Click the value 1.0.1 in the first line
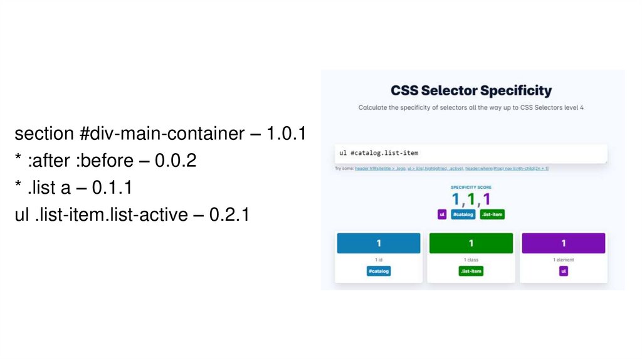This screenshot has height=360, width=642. (285, 134)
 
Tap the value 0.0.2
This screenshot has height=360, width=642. (176, 161)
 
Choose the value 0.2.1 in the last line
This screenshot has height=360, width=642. (229, 214)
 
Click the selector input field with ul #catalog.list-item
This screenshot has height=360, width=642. (470, 153)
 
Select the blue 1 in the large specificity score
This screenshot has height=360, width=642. (456, 199)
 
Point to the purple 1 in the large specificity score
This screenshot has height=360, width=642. (487, 199)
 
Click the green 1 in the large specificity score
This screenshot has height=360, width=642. (471, 199)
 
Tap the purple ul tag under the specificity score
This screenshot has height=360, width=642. (442, 214)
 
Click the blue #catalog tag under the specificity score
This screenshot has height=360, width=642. (463, 214)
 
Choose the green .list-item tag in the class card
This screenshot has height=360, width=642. (471, 271)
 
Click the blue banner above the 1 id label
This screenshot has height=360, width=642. (378, 243)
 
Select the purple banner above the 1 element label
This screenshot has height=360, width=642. (563, 243)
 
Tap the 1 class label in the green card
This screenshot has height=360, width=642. (471, 259)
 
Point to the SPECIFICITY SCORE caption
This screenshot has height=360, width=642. (471, 187)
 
